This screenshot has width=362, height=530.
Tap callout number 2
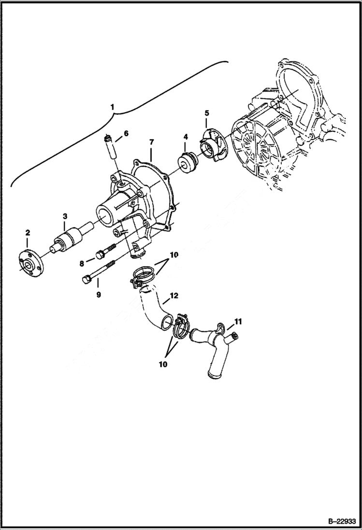[28, 233]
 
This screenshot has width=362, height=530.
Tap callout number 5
[207, 113]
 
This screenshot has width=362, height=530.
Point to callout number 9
[98, 294]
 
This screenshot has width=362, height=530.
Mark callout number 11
[238, 321]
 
